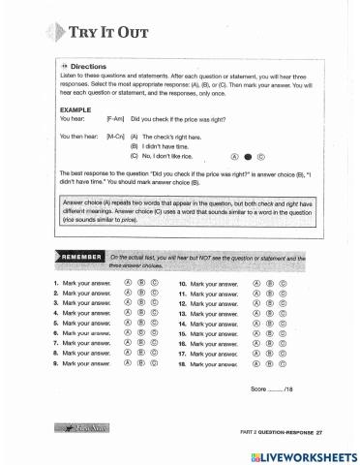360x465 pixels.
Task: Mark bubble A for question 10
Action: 255,284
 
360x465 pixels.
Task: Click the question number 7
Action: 56,343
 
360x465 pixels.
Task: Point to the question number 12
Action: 183,303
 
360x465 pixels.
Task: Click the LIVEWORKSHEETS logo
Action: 308,455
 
